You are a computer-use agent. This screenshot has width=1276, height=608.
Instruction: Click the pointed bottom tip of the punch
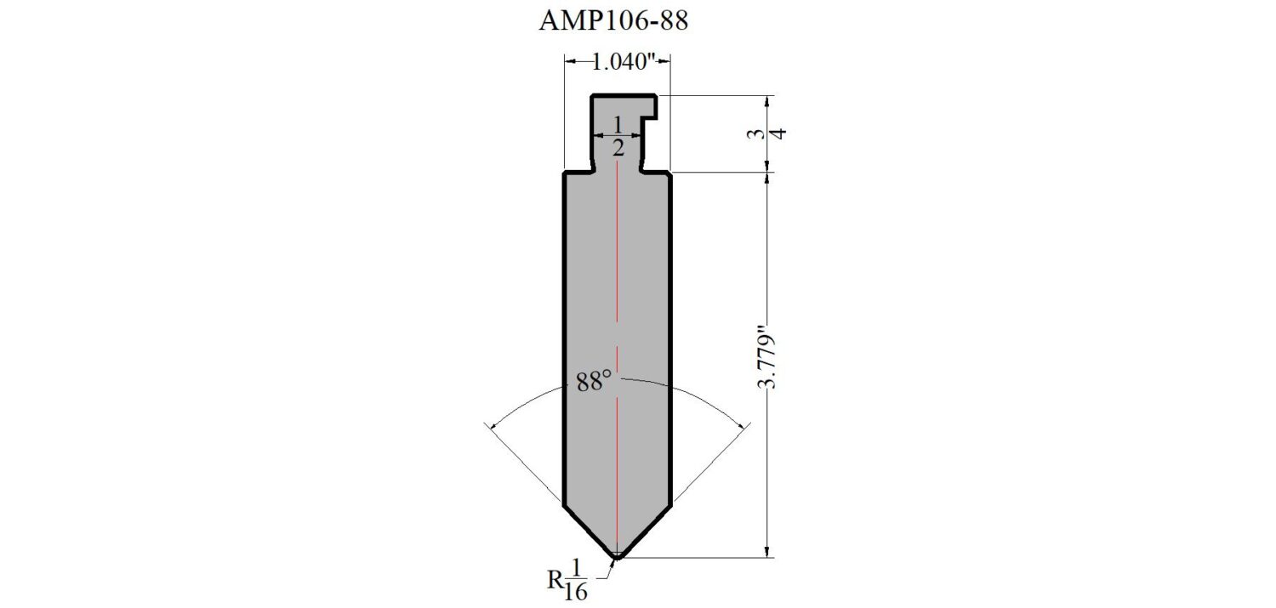(x=617, y=558)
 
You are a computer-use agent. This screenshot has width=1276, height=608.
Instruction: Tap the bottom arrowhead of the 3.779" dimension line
(x=768, y=554)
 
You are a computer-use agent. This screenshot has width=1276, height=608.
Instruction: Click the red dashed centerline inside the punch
(x=618, y=359)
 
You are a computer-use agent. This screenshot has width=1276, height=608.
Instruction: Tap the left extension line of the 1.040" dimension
(x=564, y=112)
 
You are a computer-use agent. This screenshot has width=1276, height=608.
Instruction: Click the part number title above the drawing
(x=613, y=20)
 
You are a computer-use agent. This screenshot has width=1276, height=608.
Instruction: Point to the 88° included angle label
(x=594, y=381)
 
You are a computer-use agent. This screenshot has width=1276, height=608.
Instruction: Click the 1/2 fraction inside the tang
(x=618, y=136)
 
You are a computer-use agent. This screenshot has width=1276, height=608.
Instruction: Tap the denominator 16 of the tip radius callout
(x=576, y=592)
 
